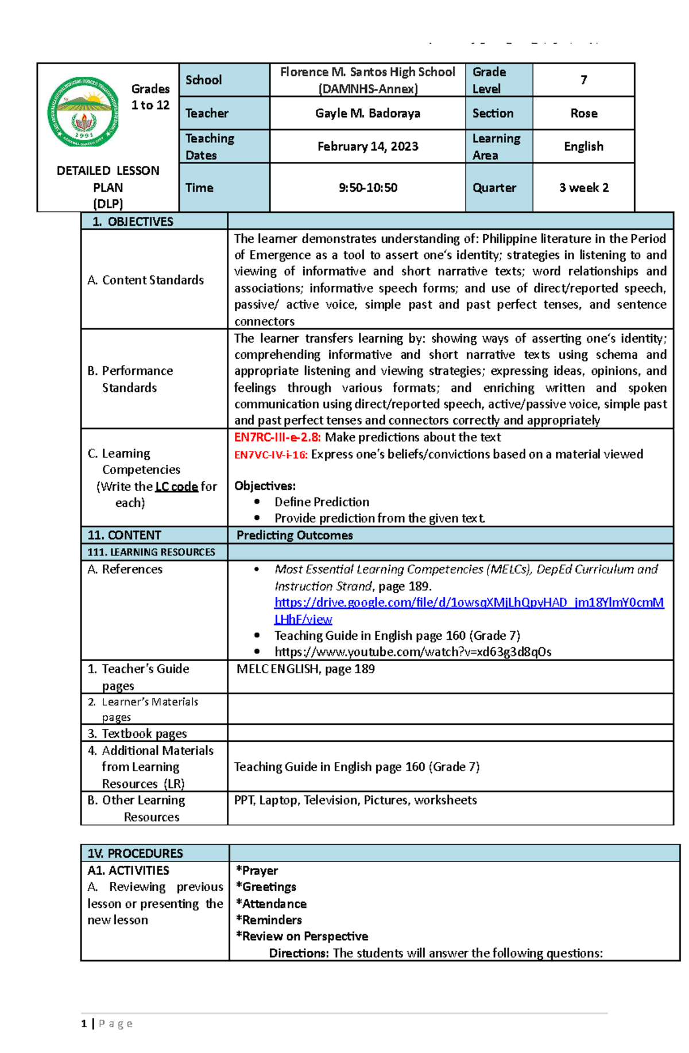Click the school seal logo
[83, 112]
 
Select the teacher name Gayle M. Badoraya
[367, 113]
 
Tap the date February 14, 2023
[367, 146]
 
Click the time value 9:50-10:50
[367, 188]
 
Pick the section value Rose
[583, 113]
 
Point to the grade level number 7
[583, 80]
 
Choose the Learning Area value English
[583, 146]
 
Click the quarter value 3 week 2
[583, 188]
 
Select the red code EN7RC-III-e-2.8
[277, 437]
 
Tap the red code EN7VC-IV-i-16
[271, 454]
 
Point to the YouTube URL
[412, 652]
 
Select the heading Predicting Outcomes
[295, 535]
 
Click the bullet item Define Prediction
[322, 502]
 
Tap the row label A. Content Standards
[146, 280]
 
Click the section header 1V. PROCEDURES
[135, 853]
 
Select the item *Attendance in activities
[271, 904]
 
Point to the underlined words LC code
[176, 487]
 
